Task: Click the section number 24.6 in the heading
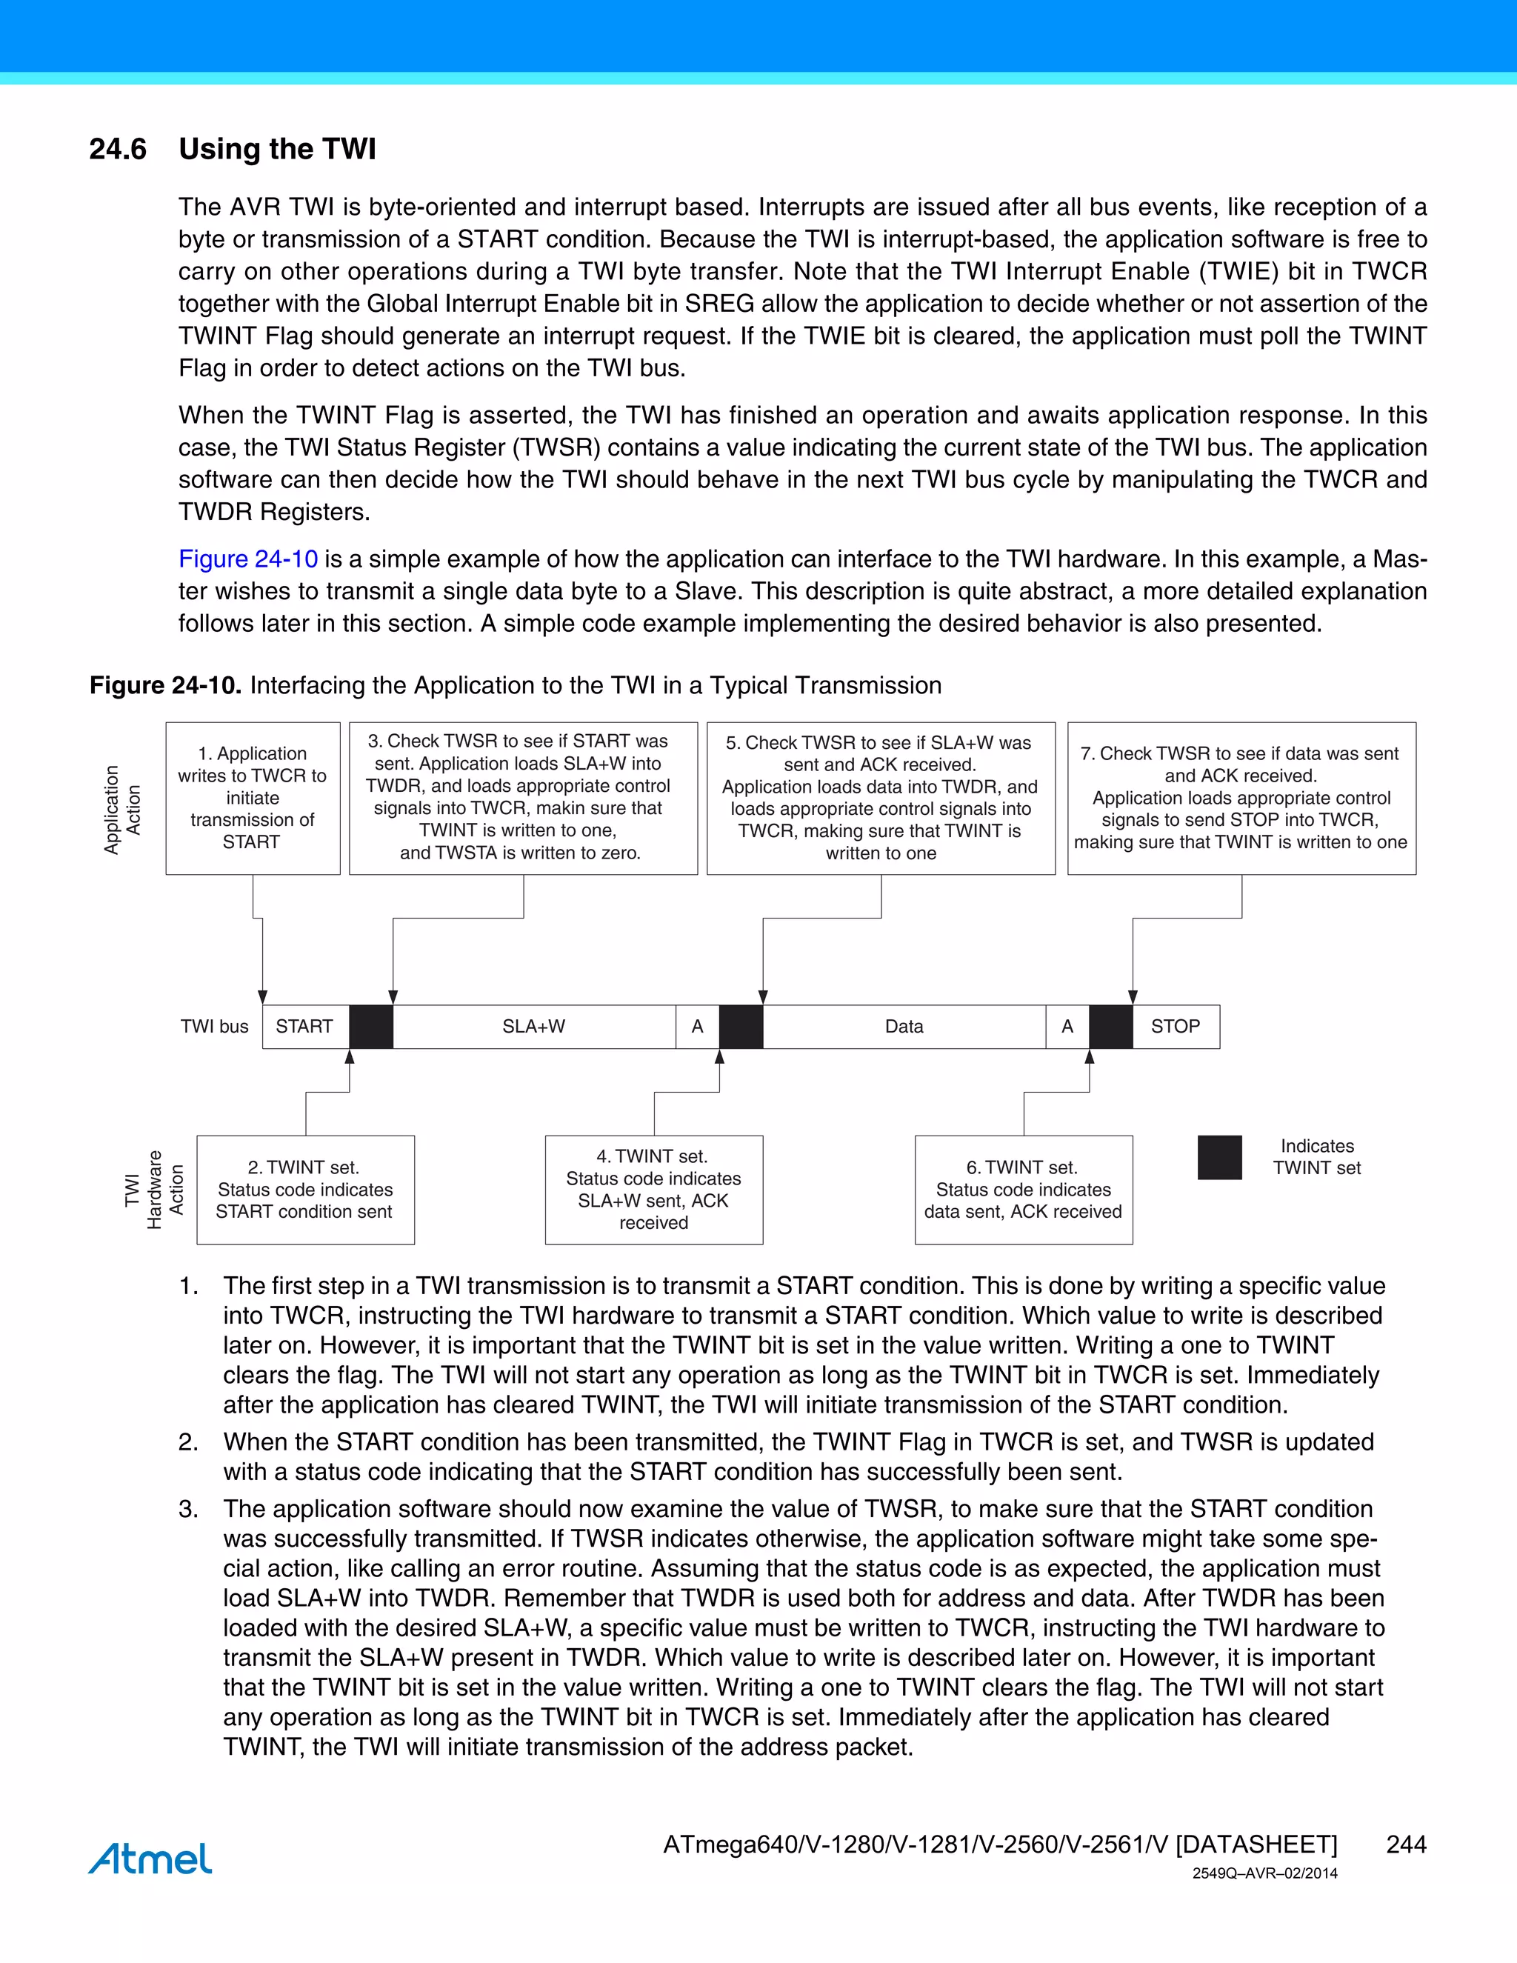[118, 149]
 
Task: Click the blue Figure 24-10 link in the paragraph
[248, 559]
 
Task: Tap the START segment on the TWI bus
[304, 1027]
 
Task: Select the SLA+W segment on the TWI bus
[534, 1027]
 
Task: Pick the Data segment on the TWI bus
[904, 1027]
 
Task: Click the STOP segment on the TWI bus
[1176, 1027]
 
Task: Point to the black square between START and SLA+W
[371, 1027]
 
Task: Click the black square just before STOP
[1111, 1027]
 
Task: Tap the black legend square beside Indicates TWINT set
[1219, 1158]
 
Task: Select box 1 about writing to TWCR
[253, 798]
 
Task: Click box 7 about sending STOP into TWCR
[1241, 798]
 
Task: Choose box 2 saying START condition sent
[306, 1189]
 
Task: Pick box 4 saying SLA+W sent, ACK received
[653, 1189]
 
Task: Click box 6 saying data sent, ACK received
[1024, 1189]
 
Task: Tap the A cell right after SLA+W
[697, 1027]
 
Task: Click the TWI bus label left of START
[214, 1027]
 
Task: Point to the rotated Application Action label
[122, 809]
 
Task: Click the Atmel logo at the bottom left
[150, 1859]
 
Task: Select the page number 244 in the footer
[1406, 1844]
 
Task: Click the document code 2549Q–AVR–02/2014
[1264, 1873]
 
